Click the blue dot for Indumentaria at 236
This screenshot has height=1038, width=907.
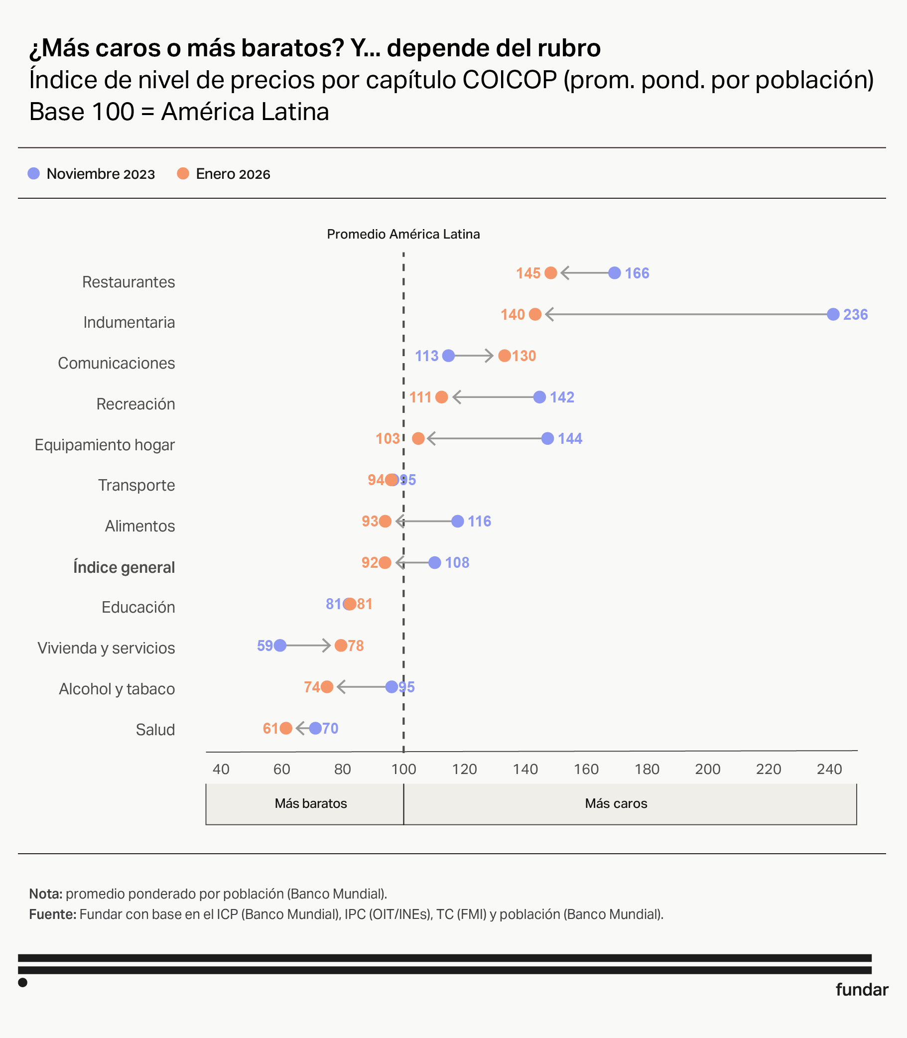coord(833,314)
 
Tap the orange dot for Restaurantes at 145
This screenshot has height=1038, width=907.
coord(551,273)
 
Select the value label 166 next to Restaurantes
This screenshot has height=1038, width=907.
coord(637,273)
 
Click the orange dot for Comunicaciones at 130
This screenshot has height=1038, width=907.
coord(504,356)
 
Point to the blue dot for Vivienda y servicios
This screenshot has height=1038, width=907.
coord(280,646)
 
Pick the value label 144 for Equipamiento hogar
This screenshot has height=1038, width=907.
coord(570,439)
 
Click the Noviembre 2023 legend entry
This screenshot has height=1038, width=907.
coord(92,174)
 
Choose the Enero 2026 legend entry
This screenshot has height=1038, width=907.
coord(224,174)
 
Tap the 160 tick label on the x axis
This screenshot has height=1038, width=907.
coord(586,769)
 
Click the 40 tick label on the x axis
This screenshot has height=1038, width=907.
coord(221,769)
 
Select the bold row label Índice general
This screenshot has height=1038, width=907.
coord(124,567)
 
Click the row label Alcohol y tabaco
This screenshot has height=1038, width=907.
coord(117,689)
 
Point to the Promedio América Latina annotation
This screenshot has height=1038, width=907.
coord(403,234)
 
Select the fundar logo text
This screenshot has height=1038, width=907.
coord(862,989)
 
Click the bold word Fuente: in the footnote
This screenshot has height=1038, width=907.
coord(53,914)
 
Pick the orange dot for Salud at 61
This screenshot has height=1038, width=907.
coord(286,728)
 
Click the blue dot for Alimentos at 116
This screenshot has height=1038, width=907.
coord(458,521)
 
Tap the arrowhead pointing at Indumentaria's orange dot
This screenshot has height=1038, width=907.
coord(549,314)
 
